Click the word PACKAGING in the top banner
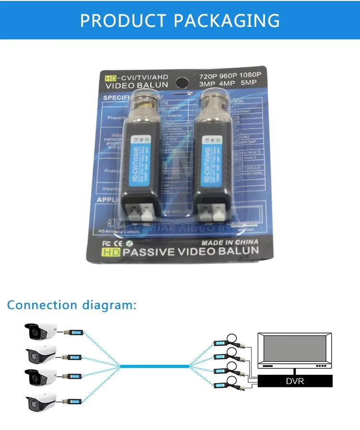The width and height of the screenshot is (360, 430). tap(227, 21)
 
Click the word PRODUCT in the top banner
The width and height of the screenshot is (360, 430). tap(122, 21)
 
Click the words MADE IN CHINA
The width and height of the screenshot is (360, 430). tap(229, 242)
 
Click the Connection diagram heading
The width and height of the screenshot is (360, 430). tap(72, 305)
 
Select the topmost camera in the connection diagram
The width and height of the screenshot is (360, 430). tap(41, 332)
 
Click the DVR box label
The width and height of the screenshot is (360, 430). tap(295, 382)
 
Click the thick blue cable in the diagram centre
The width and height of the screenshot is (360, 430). tap(155, 366)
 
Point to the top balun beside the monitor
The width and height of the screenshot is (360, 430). tap(221, 343)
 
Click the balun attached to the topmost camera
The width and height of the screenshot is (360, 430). tap(74, 331)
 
